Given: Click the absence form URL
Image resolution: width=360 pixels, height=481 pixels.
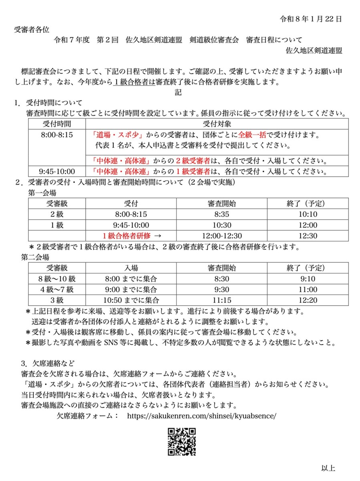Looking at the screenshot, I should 201,416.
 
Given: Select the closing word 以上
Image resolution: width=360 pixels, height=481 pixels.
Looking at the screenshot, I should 328,468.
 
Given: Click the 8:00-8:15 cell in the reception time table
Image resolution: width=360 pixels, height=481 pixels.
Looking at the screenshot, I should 57,135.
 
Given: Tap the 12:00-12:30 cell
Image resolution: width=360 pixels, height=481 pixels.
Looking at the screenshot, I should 222,236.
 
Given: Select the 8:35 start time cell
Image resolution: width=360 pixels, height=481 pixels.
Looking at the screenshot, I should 222,214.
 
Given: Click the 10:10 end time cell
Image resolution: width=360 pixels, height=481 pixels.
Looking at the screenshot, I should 308,214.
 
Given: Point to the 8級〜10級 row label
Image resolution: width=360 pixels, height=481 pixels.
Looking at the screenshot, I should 56,279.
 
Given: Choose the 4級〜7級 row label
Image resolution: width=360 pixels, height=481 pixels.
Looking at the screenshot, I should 56,289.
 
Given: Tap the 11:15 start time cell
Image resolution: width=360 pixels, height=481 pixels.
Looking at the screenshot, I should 222,300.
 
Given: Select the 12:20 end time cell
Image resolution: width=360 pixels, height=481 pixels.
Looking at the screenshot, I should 308,300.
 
